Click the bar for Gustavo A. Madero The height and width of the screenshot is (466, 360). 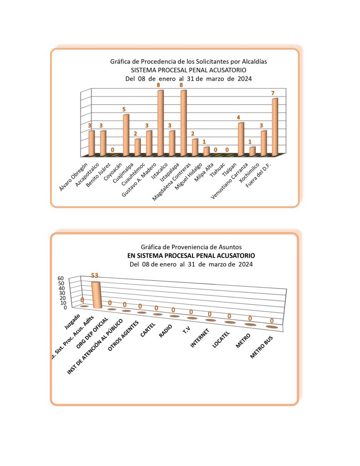pos(160,123)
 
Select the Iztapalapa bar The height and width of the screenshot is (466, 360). pos(183,123)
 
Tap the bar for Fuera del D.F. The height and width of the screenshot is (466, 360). pos(274,127)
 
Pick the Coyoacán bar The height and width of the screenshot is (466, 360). pos(126,135)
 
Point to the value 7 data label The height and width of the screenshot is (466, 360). pos(273,93)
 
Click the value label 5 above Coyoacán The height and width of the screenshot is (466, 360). pos(124,110)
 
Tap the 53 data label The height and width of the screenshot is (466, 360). pos(95,275)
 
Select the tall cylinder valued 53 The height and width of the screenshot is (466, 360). pos(96,295)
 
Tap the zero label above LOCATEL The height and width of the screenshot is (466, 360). pos(230,316)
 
